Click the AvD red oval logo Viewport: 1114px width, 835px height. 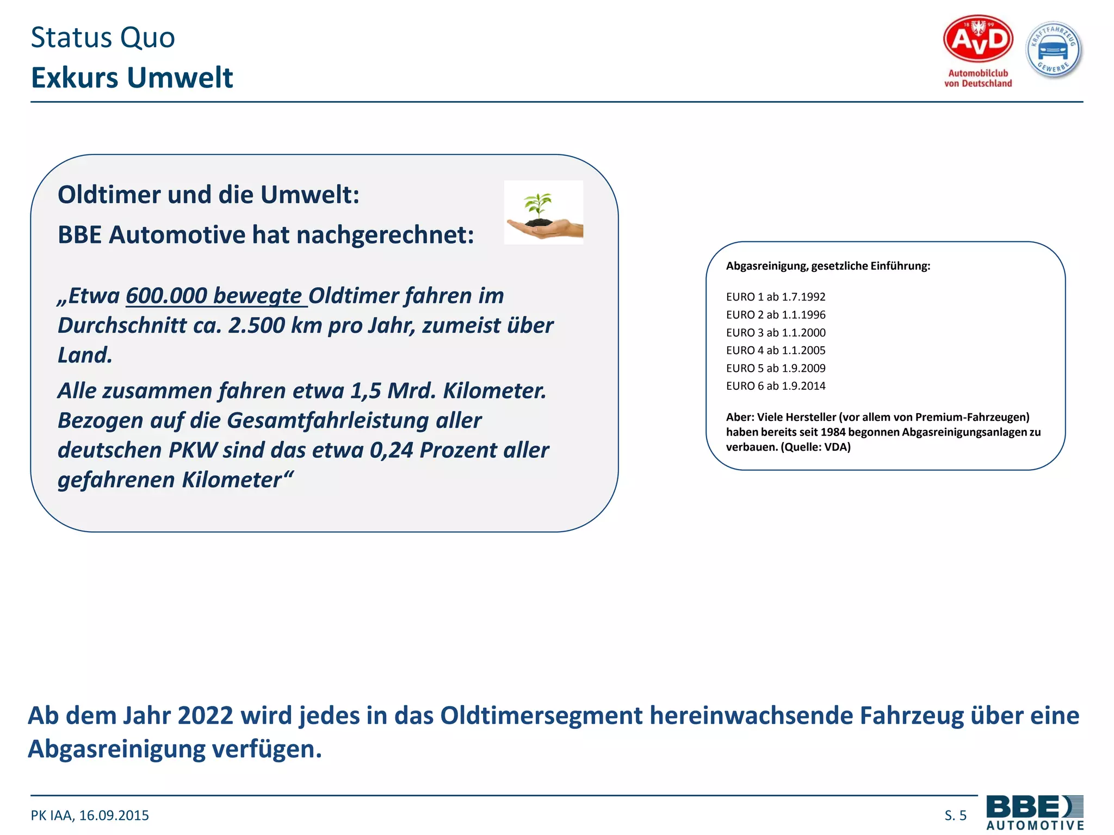pyautogui.click(x=977, y=39)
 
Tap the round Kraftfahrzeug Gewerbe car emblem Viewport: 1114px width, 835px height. pyautogui.click(x=1054, y=50)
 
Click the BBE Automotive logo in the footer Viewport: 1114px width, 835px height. pyautogui.click(x=1035, y=812)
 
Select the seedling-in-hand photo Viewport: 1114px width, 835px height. pyautogui.click(x=543, y=213)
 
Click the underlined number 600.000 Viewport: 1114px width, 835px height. pyautogui.click(x=166, y=296)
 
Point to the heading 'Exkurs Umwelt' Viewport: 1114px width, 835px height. pyautogui.click(x=132, y=77)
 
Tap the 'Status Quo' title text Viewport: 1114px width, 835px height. pyautogui.click(x=103, y=38)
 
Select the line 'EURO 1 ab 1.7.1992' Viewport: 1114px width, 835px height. pyautogui.click(x=776, y=297)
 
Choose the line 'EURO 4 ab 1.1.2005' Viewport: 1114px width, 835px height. pyautogui.click(x=776, y=351)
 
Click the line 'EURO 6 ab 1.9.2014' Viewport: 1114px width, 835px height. pyautogui.click(x=776, y=386)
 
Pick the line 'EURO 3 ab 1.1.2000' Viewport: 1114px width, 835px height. pyautogui.click(x=776, y=333)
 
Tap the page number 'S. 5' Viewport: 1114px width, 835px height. pyautogui.click(x=955, y=815)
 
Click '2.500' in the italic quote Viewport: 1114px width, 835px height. pyautogui.click(x=256, y=326)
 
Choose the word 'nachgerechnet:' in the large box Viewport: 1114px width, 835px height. pyautogui.click(x=386, y=235)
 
